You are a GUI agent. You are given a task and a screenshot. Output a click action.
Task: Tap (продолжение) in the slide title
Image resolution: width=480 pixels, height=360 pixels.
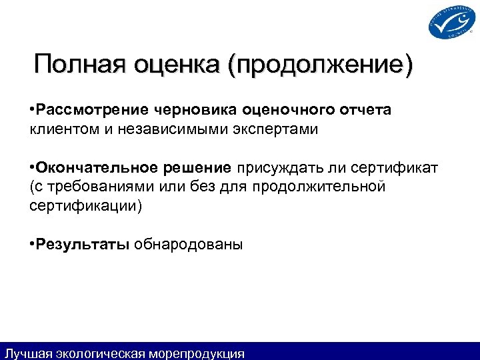(320, 66)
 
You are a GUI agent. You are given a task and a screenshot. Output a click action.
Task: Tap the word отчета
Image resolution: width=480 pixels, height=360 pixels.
(366, 109)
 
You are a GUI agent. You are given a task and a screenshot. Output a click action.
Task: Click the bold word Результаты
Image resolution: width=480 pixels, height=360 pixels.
(83, 244)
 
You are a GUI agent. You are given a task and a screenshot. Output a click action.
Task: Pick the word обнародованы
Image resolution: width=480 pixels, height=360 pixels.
(189, 244)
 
